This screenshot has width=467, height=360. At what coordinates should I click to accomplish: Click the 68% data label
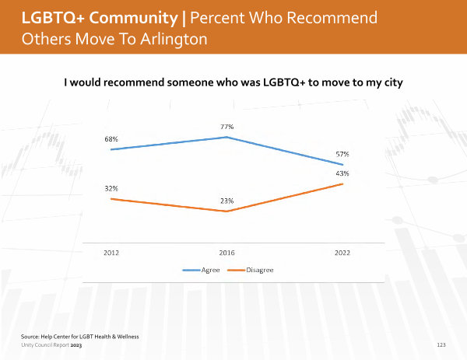(111, 139)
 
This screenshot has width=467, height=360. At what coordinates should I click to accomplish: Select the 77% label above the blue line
(227, 127)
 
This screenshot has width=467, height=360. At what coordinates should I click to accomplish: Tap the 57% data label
(342, 154)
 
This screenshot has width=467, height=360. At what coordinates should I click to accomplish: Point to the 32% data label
(111, 188)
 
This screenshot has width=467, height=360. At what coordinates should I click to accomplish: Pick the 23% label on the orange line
(227, 201)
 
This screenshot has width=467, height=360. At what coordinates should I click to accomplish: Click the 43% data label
(342, 173)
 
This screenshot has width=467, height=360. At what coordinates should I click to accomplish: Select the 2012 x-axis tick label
(111, 253)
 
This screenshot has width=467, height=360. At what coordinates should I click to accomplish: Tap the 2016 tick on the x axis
(227, 253)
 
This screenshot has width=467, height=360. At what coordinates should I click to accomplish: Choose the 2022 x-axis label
(342, 253)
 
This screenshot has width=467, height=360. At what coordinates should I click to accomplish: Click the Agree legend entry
(202, 270)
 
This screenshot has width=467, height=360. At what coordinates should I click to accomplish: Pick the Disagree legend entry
(251, 270)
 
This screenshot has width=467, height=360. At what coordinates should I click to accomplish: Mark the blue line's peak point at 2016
(227, 137)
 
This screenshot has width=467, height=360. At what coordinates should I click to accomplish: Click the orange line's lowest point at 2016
(227, 211)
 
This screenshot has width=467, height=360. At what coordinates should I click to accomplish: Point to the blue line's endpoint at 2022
(342, 165)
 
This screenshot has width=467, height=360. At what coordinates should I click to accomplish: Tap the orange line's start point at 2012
(111, 199)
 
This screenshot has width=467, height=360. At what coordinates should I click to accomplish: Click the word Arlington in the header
(174, 40)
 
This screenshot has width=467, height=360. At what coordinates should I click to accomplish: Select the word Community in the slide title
(133, 18)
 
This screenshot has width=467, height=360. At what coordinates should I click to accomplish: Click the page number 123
(441, 344)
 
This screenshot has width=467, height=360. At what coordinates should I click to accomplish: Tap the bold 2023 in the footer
(76, 345)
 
